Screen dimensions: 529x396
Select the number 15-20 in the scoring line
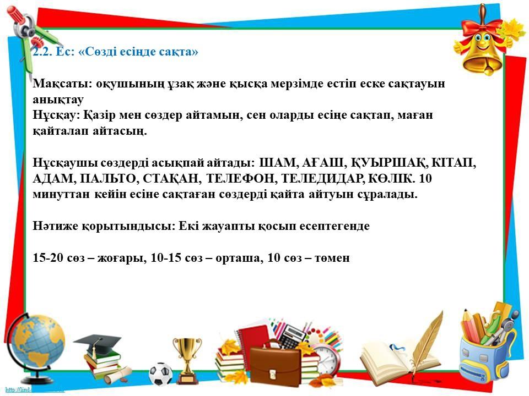[47, 258]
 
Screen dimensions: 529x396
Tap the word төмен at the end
[332, 258]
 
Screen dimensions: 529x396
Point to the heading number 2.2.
[41, 52]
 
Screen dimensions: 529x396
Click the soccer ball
[160, 374]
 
